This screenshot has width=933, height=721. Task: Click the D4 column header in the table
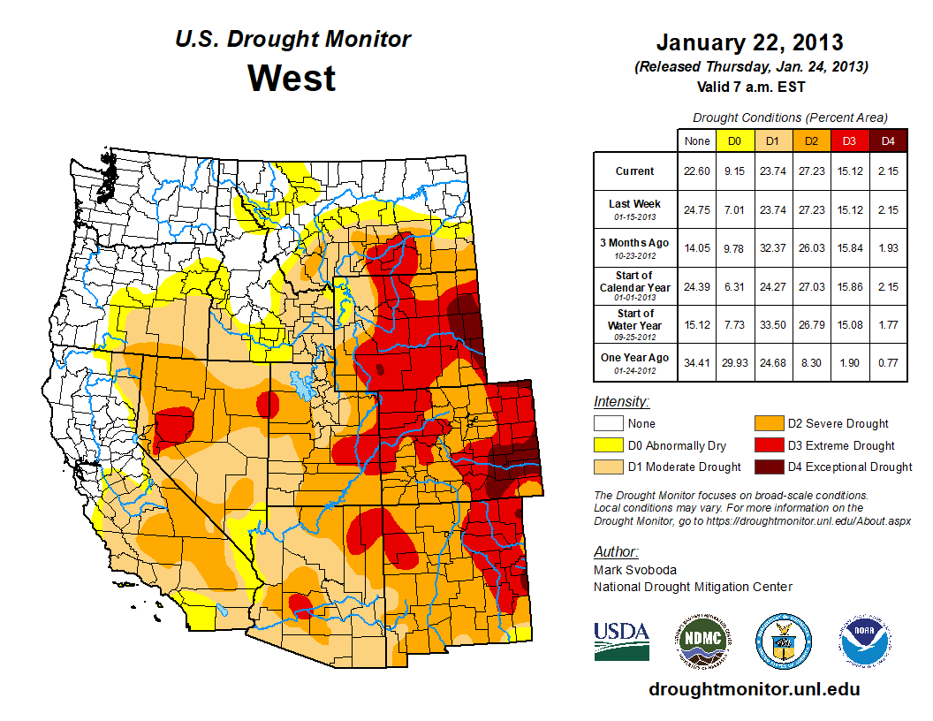[887, 140]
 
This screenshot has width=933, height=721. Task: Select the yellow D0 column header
[734, 140]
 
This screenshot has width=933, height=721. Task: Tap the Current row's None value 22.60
[696, 171]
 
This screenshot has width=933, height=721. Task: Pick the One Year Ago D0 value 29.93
[734, 358]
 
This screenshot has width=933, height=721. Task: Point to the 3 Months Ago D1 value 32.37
[772, 248]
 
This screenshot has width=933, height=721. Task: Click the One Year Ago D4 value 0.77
[887, 358]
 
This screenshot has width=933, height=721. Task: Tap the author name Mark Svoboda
[628, 570]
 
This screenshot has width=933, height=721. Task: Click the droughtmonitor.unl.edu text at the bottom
[754, 689]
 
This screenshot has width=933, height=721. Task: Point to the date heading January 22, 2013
[749, 42]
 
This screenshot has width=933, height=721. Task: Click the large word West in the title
[292, 78]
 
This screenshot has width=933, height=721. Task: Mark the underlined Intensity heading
[622, 402]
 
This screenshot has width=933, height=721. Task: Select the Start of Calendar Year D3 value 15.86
[849, 286]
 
